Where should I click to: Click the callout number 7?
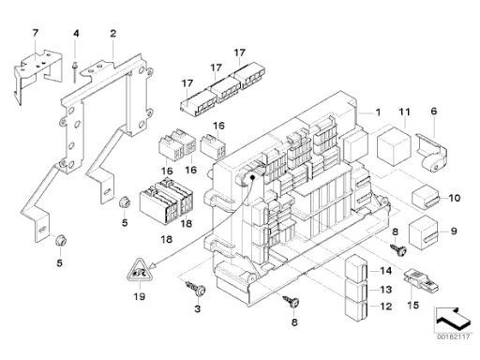click(35, 33)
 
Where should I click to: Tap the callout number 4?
click(76, 33)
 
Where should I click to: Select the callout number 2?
click(112, 34)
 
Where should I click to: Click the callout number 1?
click(378, 112)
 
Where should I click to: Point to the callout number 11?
click(404, 112)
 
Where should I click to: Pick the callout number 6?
click(434, 111)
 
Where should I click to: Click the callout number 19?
click(140, 296)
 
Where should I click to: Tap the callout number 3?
click(197, 308)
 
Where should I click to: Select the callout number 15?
click(412, 305)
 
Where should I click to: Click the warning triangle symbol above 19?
click(140, 270)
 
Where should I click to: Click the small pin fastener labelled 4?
click(75, 72)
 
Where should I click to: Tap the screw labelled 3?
click(196, 289)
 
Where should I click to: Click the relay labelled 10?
click(426, 197)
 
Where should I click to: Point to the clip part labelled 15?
click(422, 279)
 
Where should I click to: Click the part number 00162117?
click(453, 337)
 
